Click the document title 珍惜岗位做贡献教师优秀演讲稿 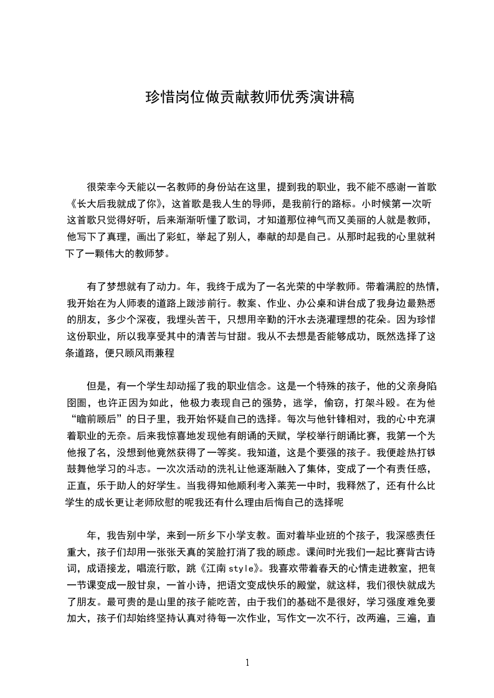coord(249,98)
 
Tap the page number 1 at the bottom coord(247,662)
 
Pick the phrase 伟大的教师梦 coord(135,254)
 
